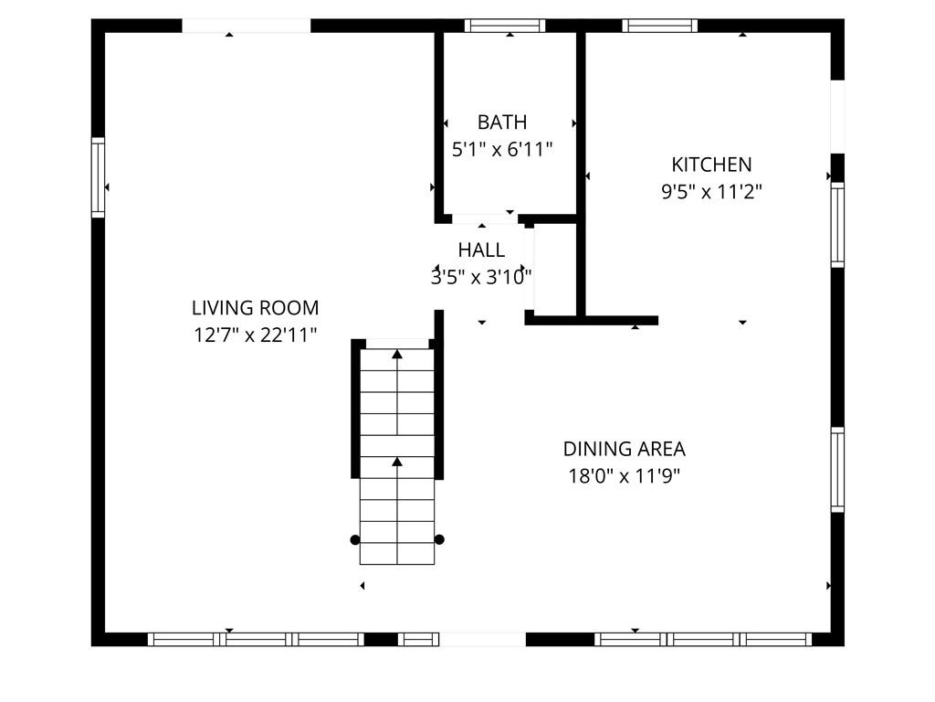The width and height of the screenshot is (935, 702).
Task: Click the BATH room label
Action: [x=502, y=122]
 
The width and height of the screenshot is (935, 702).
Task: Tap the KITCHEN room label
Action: [x=711, y=165]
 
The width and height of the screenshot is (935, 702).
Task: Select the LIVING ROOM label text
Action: [x=255, y=308]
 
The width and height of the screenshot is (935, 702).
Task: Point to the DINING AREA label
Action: [x=624, y=449]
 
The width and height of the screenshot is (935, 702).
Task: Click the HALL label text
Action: [x=481, y=250]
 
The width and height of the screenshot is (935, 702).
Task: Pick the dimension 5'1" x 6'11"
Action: [x=502, y=149]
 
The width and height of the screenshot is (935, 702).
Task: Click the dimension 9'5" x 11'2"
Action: [x=711, y=192]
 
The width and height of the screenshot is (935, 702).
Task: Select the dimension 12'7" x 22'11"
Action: [x=255, y=335]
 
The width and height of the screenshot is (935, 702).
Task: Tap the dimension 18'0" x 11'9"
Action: [x=624, y=476]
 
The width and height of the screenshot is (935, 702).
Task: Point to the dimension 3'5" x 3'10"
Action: [x=481, y=277]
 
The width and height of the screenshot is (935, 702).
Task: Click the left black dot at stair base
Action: [x=355, y=539]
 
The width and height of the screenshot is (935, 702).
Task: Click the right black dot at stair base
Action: [x=439, y=539]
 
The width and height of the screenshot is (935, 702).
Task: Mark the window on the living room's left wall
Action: [x=98, y=177]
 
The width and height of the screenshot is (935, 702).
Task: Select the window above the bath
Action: [x=505, y=26]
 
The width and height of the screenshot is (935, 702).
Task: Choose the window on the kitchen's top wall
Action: [x=660, y=26]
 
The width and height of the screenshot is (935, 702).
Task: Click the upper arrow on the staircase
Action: [x=397, y=354]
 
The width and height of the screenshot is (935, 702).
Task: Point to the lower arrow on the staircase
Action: [x=397, y=462]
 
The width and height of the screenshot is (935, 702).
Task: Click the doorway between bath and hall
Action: [x=485, y=218]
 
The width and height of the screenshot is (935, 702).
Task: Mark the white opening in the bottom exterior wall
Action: [x=484, y=639]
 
